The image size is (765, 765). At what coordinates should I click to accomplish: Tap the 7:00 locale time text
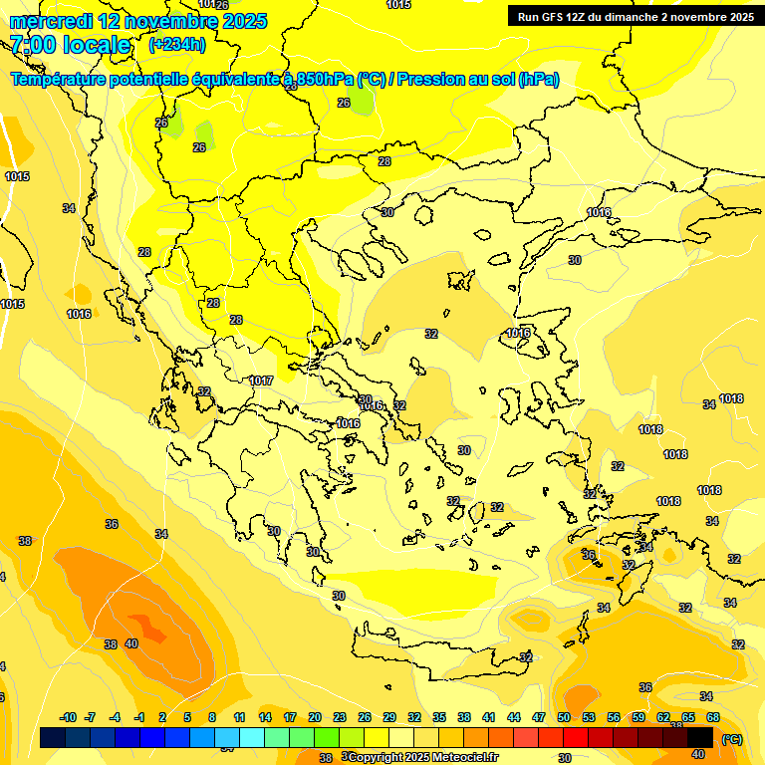click(70, 45)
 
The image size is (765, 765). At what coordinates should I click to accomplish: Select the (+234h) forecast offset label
click(177, 44)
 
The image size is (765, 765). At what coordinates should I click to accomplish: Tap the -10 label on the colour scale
click(68, 717)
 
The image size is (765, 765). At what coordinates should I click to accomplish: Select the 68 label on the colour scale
click(713, 717)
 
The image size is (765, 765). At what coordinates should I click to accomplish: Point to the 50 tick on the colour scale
click(564, 717)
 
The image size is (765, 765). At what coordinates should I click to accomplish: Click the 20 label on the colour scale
click(315, 717)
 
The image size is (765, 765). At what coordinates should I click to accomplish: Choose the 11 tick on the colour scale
click(240, 717)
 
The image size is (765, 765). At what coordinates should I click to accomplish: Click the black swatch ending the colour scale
click(700, 737)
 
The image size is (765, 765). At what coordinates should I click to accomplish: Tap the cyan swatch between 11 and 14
click(252, 737)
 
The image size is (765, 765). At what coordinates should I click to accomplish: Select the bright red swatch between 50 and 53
click(576, 737)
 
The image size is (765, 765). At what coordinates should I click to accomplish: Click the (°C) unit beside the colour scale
click(731, 738)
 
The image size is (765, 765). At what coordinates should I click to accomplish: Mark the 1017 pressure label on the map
click(261, 381)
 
